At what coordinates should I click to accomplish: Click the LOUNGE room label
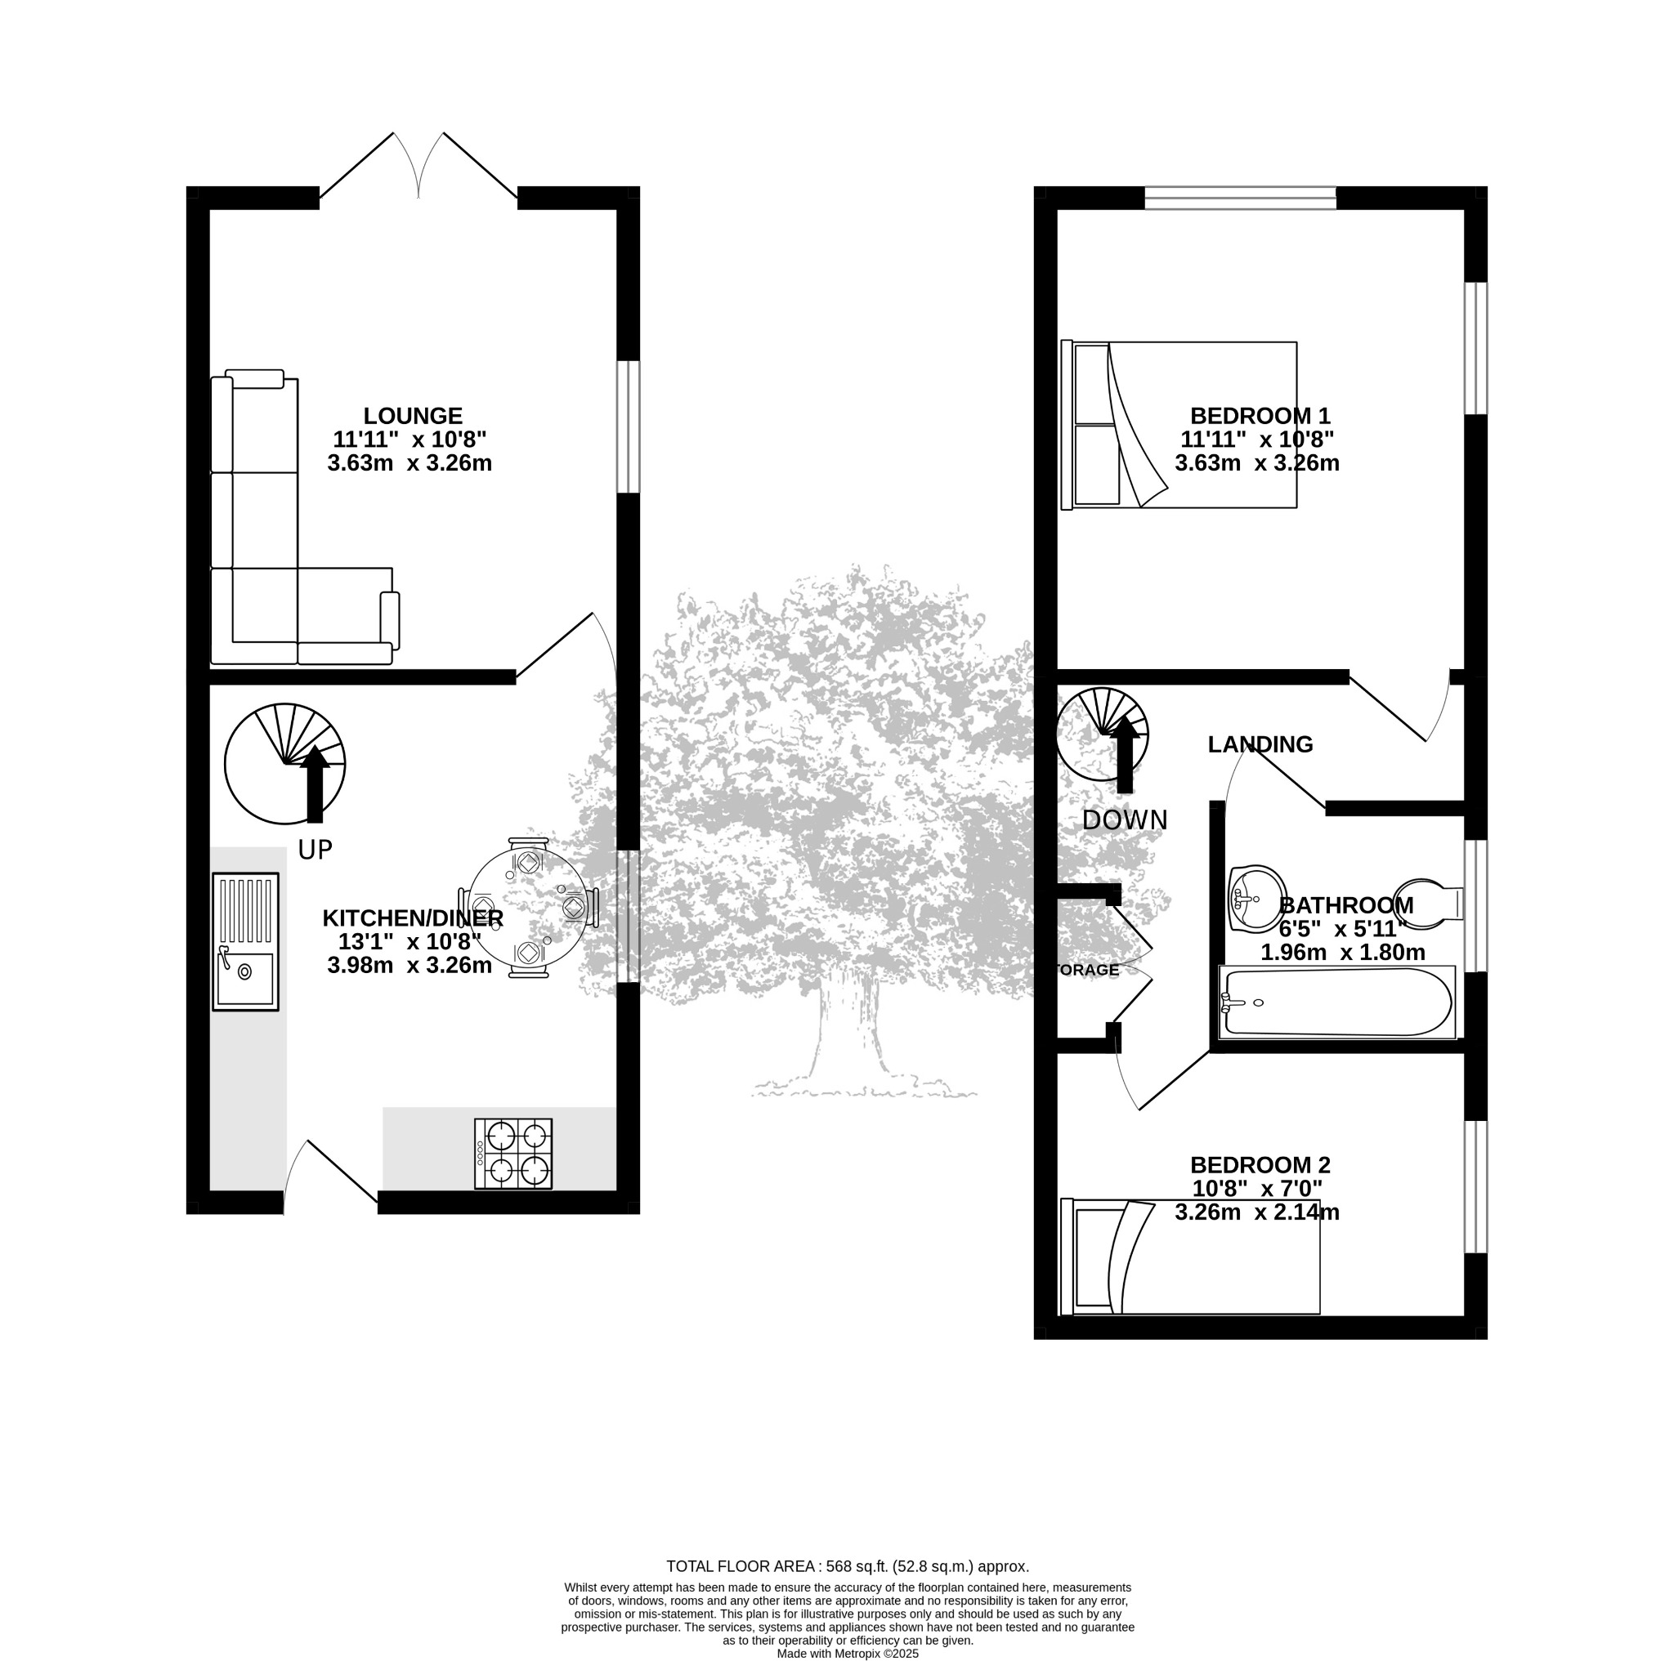[x=413, y=417]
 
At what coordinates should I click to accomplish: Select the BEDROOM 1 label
[x=1260, y=417]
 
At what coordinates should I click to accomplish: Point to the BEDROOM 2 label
[x=1260, y=1166]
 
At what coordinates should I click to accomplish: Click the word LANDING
[x=1260, y=745]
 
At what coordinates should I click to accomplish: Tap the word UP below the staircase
[x=315, y=851]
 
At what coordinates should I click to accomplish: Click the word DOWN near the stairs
[x=1125, y=820]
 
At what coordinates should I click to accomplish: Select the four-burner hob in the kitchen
[x=513, y=1154]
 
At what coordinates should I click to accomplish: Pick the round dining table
[x=527, y=909]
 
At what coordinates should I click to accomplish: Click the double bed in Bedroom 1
[x=1179, y=425]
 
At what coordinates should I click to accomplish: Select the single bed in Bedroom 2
[x=1190, y=1257]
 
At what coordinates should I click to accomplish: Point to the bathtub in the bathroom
[x=1338, y=1002]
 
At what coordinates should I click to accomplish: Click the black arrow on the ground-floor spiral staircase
[x=315, y=784]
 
